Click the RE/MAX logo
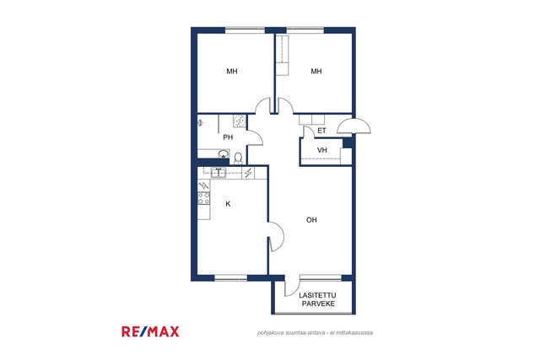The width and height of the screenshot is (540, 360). coord(150,331)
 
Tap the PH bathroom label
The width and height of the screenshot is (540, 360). coord(228,137)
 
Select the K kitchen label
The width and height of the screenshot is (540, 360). coord(228,204)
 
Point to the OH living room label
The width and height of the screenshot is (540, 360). coord(311,220)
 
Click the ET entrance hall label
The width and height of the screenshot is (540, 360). coord(321,131)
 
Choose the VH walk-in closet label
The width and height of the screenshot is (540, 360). coord(322,150)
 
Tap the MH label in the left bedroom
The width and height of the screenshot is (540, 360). coord(232,72)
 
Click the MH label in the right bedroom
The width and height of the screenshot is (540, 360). coord(316,72)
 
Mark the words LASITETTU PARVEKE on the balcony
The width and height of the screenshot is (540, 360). coord(318,299)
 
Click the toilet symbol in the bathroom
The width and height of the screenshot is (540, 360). coord(238,159)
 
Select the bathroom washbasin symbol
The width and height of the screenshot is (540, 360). coord(224,153)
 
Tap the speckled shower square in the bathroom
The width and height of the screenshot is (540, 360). coord(240,121)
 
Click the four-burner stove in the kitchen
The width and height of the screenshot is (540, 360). coord(203,199)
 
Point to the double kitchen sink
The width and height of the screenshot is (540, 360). coord(219,173)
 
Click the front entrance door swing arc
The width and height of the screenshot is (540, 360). coord(354,126)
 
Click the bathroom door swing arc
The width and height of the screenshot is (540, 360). coord(256,137)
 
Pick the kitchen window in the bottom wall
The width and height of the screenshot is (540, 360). coord(230,277)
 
